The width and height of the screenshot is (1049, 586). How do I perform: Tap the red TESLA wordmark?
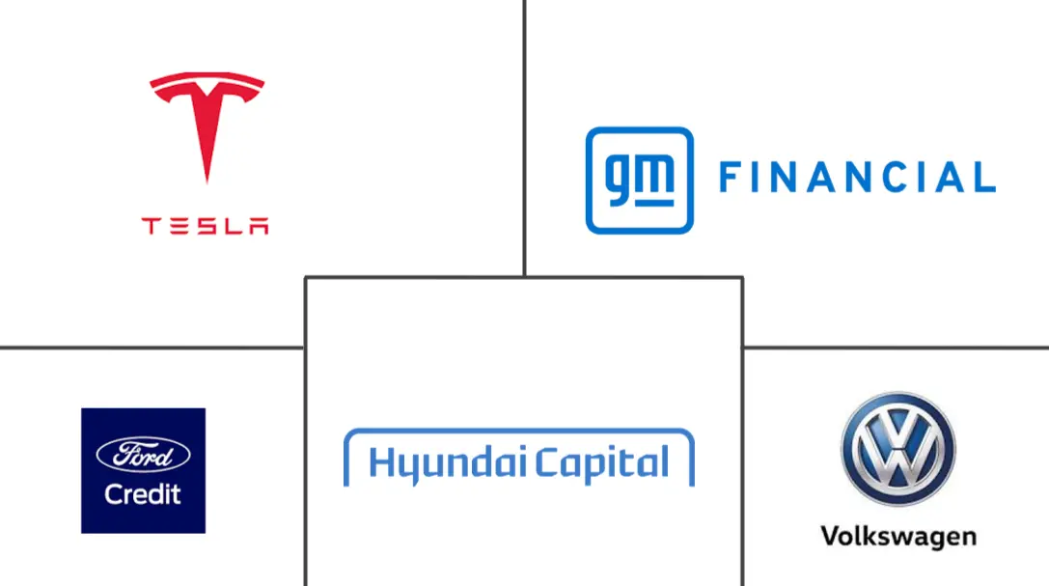tap(205, 226)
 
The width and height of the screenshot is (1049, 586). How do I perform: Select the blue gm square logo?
tap(640, 181)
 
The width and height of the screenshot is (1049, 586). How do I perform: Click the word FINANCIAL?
tap(858, 178)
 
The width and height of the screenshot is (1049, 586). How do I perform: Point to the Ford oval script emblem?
tap(143, 455)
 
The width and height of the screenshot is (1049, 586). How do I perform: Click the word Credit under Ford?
tap(143, 494)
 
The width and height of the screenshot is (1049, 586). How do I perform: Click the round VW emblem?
tap(898, 449)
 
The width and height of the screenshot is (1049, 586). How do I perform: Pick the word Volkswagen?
tap(898, 537)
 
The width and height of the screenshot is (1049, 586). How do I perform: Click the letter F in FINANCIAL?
tap(730, 178)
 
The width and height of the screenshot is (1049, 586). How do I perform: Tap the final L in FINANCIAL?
tap(984, 178)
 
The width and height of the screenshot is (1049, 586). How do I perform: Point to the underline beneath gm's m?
tap(653, 203)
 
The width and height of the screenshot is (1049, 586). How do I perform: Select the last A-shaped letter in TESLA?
tap(259, 226)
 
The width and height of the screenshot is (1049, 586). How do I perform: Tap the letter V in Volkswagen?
tap(833, 535)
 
